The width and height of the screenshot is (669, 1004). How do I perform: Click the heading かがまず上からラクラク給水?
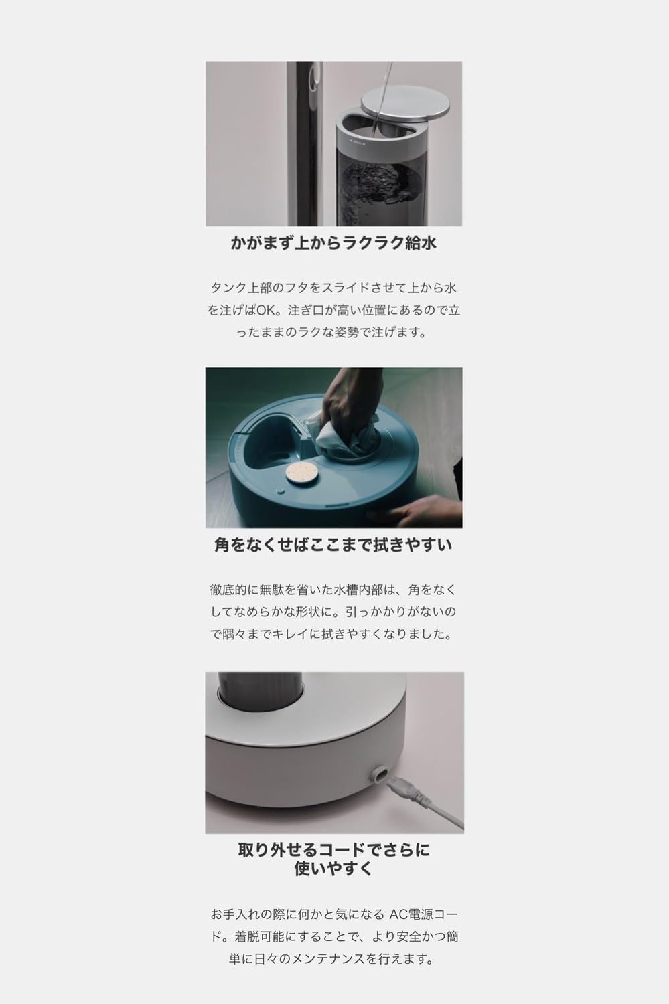333,242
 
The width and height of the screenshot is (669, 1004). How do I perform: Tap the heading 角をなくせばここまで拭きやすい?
333,545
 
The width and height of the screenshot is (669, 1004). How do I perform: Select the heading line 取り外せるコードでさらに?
333,851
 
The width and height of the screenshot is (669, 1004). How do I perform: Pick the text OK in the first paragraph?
274,311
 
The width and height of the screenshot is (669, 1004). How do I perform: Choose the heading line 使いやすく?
333,869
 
